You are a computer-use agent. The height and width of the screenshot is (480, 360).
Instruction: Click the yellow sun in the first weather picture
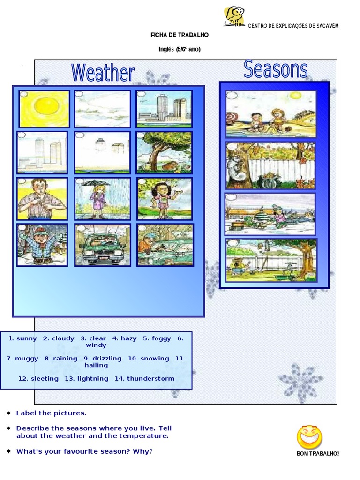pyautogui.click(x=45, y=107)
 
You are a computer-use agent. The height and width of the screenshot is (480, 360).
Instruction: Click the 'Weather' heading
pyautogui.click(x=103, y=73)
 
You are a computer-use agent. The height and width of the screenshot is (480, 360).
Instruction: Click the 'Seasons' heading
pyautogui.click(x=276, y=69)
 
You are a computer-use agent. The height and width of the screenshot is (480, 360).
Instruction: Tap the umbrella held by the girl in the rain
pyautogui.click(x=95, y=183)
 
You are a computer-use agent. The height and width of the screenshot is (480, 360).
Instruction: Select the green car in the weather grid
pyautogui.click(x=101, y=247)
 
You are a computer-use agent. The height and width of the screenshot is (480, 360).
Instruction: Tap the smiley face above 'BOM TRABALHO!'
pyautogui.click(x=309, y=436)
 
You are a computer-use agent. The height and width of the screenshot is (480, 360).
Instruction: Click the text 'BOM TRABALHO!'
pyautogui.click(x=317, y=453)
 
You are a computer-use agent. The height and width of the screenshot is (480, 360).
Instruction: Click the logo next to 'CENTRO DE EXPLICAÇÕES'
pyautogui.click(x=234, y=17)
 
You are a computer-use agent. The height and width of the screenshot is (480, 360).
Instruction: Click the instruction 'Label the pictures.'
pyautogui.click(x=51, y=413)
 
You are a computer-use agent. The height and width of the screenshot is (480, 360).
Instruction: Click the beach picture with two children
pyautogui.click(x=271, y=114)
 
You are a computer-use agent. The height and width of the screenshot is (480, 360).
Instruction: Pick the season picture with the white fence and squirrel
pyautogui.click(x=270, y=165)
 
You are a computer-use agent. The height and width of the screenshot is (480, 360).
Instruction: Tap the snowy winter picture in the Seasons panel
pyautogui.click(x=270, y=214)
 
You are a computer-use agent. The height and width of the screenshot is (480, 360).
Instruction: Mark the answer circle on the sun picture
pyautogui.click(x=23, y=94)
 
